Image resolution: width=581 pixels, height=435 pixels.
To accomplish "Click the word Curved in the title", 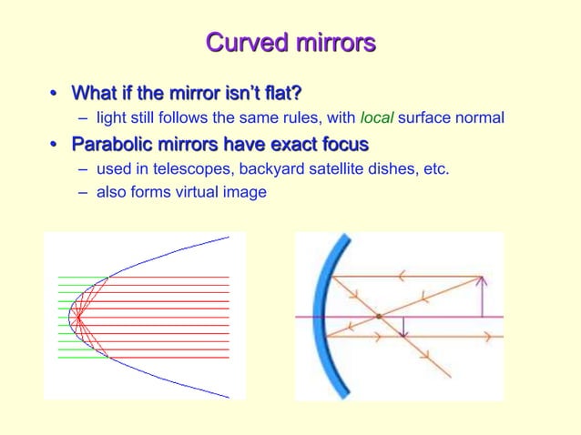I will (240, 43).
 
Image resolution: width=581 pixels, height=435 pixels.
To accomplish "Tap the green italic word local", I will (376, 118).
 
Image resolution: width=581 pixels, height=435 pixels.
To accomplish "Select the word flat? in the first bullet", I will (280, 93).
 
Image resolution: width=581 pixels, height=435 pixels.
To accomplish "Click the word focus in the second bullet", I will (343, 144).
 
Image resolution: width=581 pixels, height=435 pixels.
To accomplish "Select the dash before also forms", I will (84, 191).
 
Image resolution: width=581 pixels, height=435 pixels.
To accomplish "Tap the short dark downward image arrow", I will (404, 327).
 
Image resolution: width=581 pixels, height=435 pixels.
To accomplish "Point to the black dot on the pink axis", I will (378, 317).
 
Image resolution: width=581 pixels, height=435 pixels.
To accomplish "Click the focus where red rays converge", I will (78, 317).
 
